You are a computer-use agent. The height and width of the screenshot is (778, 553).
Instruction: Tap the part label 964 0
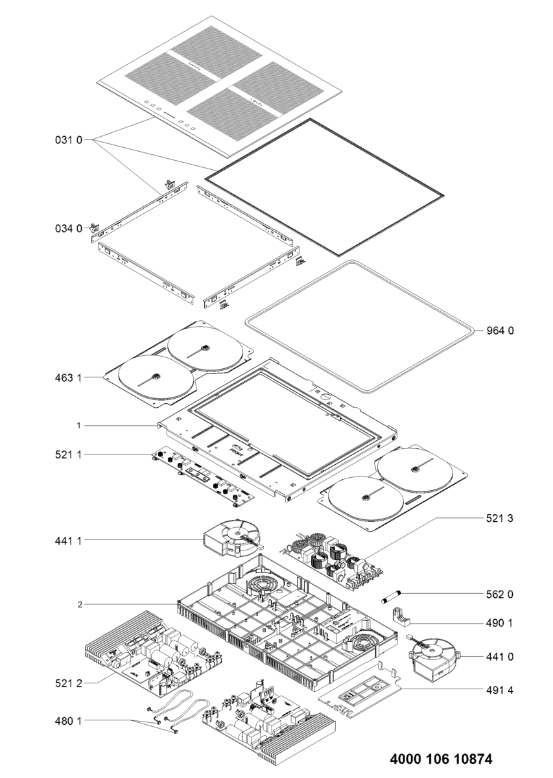pyautogui.click(x=500, y=331)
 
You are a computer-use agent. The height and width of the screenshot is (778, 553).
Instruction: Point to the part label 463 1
pyautogui.click(x=69, y=376)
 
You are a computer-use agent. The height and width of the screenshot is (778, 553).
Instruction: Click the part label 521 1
pyautogui.click(x=69, y=455)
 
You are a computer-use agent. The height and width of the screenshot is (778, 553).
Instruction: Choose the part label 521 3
pyautogui.click(x=500, y=519)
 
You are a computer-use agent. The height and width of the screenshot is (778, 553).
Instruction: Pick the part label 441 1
pyautogui.click(x=69, y=539)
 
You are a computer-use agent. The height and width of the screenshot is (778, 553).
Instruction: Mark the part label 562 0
pyautogui.click(x=500, y=593)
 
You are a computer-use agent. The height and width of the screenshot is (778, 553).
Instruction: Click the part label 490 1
pyautogui.click(x=500, y=623)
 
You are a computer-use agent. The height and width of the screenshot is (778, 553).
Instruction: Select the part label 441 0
pyautogui.click(x=500, y=657)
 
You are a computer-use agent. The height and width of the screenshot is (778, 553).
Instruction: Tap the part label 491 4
pyautogui.click(x=500, y=689)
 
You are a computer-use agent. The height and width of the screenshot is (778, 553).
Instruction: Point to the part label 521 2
pyautogui.click(x=69, y=682)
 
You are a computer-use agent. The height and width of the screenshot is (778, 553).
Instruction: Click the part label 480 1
pyautogui.click(x=69, y=720)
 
